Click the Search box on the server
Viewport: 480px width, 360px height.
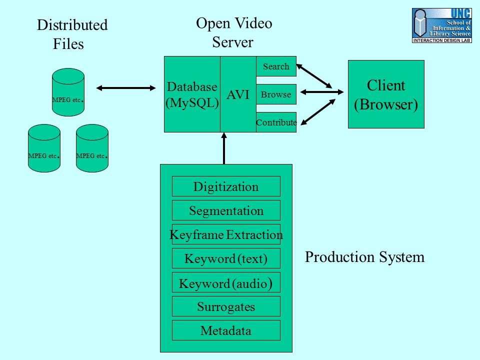[276, 66]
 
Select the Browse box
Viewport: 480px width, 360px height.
[276, 94]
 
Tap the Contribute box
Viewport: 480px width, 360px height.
[276, 122]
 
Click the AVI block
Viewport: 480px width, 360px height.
[238, 94]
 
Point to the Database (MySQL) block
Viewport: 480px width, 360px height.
[192, 94]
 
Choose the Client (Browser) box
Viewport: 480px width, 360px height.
[386, 94]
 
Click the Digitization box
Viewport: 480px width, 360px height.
[226, 186]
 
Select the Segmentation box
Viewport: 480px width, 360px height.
[226, 210]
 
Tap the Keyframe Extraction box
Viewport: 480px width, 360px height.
[226, 234]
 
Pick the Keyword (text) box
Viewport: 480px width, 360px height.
[226, 258]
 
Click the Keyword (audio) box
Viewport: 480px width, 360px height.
[226, 282]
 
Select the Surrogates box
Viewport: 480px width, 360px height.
[226, 306]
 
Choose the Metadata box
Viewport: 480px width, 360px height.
[226, 330]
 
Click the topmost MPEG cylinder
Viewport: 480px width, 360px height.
[68, 92]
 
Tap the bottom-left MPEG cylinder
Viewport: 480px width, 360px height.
[44, 148]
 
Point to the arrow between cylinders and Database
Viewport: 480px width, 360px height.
[126, 88]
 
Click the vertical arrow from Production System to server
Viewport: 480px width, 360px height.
[224, 148]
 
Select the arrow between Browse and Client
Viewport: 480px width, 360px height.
[322, 92]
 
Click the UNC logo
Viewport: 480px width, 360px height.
[441, 25]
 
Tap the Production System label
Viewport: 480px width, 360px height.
[364, 257]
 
